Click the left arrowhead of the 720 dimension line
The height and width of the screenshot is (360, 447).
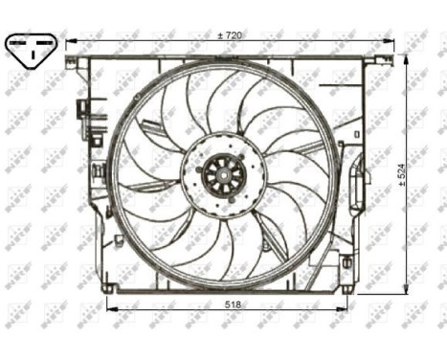[68, 41]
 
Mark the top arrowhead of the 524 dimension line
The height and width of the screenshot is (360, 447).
[406, 57]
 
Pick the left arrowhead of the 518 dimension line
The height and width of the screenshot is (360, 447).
[108, 308]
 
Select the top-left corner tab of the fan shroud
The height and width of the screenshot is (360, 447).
[72, 63]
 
